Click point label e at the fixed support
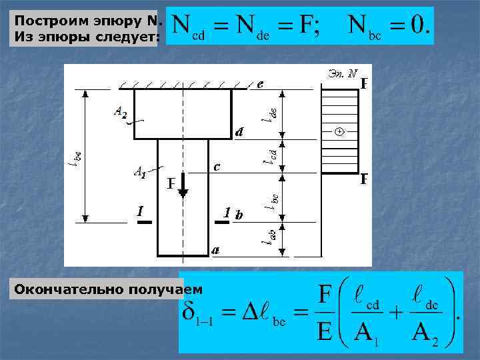(x=260, y=85)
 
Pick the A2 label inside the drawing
(x=120, y=113)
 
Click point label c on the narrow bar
(x=216, y=165)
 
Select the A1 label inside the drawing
(x=140, y=173)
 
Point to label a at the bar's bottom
(x=215, y=251)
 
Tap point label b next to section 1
(x=239, y=215)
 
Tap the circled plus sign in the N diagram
(x=339, y=132)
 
